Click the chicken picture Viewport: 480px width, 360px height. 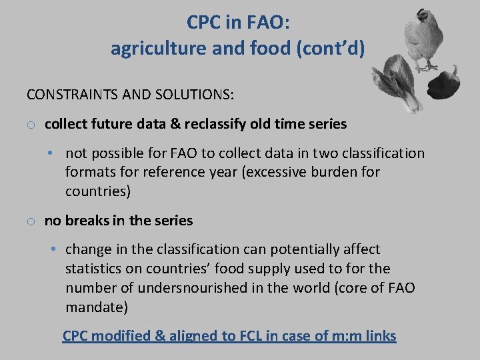click(x=426, y=40)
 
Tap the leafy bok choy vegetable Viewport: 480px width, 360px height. click(x=399, y=81)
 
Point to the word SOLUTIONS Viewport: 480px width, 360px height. click(x=192, y=95)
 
